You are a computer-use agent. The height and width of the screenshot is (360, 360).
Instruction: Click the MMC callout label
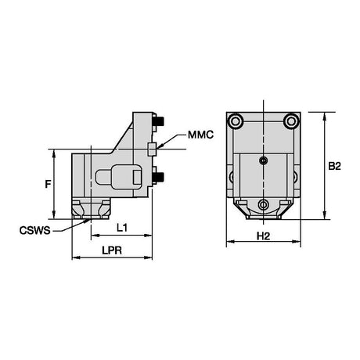(200, 135)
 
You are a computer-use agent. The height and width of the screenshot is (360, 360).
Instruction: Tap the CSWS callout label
(35, 231)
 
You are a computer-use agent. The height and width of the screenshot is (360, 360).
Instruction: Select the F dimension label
(48, 184)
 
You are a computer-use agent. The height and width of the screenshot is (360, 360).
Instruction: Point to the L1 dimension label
(121, 228)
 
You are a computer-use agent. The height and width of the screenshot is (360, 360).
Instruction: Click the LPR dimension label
(112, 250)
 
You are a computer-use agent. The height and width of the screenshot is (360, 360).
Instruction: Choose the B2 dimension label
(334, 166)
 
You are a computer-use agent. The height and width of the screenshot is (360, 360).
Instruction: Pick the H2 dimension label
(263, 236)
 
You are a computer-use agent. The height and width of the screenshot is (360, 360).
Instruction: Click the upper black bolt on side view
(159, 121)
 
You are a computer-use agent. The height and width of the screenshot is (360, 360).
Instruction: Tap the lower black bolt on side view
(159, 178)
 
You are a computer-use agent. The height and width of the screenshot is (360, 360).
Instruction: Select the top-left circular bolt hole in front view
(236, 121)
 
